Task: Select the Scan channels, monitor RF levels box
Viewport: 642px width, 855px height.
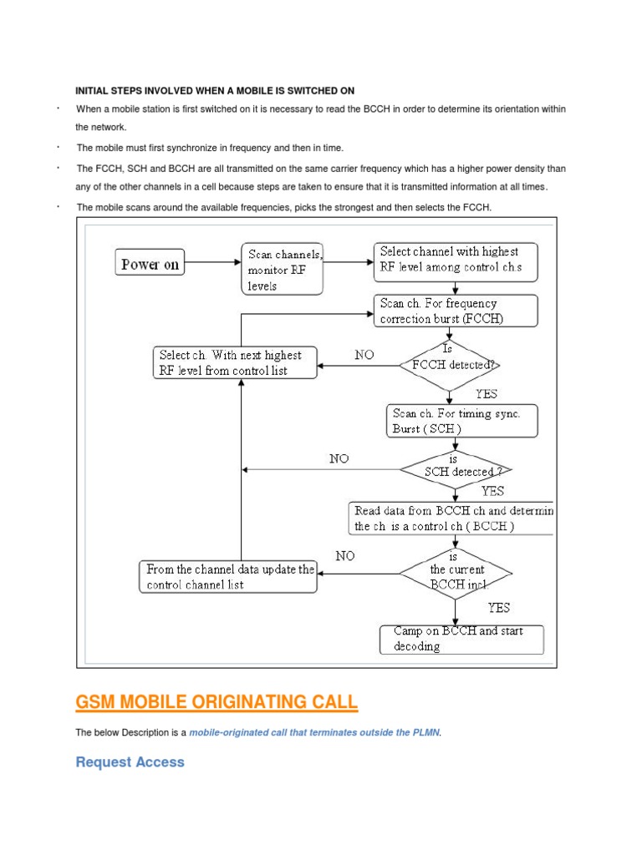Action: (283, 268)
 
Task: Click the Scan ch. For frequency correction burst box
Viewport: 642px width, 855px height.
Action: (455, 311)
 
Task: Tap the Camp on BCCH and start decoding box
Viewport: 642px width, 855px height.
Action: (461, 639)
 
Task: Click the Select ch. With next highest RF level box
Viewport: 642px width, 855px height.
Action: (235, 363)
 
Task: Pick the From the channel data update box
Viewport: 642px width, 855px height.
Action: (228, 577)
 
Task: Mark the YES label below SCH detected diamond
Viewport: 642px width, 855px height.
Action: (492, 491)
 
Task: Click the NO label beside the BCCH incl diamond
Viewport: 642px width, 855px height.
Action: (346, 555)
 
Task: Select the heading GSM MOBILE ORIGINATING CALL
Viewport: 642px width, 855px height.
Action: (217, 703)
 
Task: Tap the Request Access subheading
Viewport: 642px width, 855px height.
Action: (130, 761)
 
